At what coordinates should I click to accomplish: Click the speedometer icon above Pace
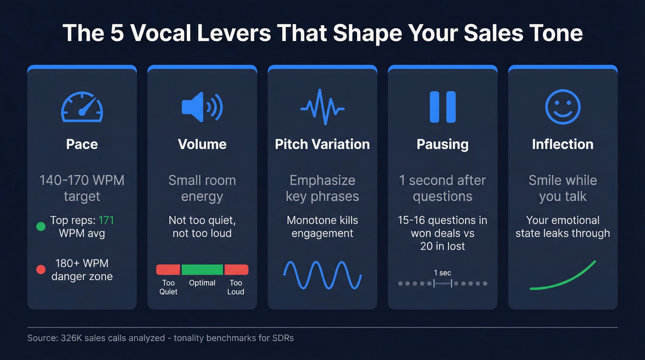pos(82,107)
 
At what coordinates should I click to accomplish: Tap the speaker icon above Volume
pos(202,107)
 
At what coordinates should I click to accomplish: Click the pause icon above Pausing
pos(442,107)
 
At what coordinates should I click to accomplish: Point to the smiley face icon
pos(563,107)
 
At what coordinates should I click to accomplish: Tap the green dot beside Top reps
pos(41,227)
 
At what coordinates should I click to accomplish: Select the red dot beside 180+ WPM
pos(41,270)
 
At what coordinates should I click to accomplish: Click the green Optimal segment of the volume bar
pos(202,270)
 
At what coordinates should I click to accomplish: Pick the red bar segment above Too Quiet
pos(168,270)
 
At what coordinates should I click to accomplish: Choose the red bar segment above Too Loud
pos(236,270)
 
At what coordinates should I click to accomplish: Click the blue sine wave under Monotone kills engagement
pos(322,275)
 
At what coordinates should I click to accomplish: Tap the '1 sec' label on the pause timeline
pos(442,272)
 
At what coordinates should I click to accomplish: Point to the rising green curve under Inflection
pos(563,277)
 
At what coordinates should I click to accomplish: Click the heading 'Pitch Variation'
pos(322,144)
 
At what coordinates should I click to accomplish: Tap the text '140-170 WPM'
pos(82,180)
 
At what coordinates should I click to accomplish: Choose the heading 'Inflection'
pos(563,144)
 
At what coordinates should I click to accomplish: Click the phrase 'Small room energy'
pos(202,188)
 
